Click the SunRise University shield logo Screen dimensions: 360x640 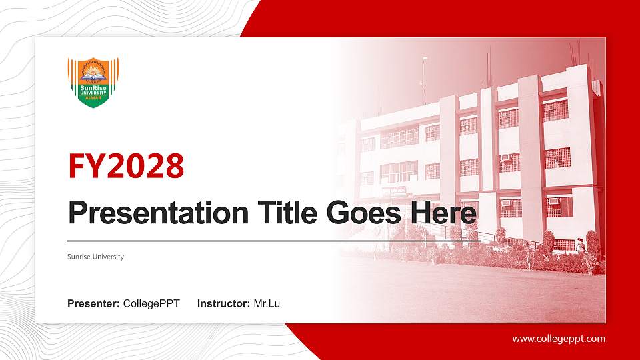click(x=93, y=82)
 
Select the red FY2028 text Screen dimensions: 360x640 click(x=126, y=167)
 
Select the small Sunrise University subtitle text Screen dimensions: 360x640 click(x=95, y=257)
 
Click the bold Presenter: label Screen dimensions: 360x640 click(x=93, y=304)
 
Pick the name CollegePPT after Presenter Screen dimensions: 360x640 click(x=151, y=304)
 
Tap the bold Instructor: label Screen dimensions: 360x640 click(x=224, y=304)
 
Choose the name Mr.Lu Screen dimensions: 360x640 click(x=267, y=304)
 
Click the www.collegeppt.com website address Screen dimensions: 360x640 click(x=559, y=339)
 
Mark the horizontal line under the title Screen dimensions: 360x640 click(x=273, y=240)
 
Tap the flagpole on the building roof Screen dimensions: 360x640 click(x=423, y=80)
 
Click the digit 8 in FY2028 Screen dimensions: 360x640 click(x=173, y=167)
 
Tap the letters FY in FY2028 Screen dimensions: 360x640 click(x=84, y=167)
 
